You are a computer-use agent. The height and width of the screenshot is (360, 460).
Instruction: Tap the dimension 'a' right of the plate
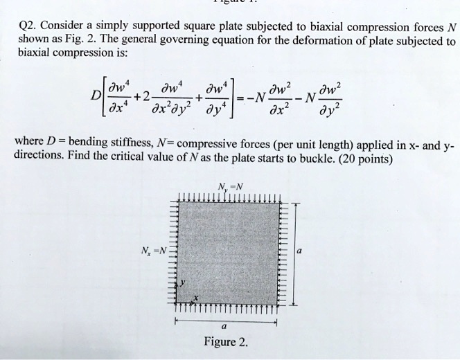pyautogui.click(x=297, y=253)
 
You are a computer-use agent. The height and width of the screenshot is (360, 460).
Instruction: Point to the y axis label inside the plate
pyautogui.click(x=184, y=285)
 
